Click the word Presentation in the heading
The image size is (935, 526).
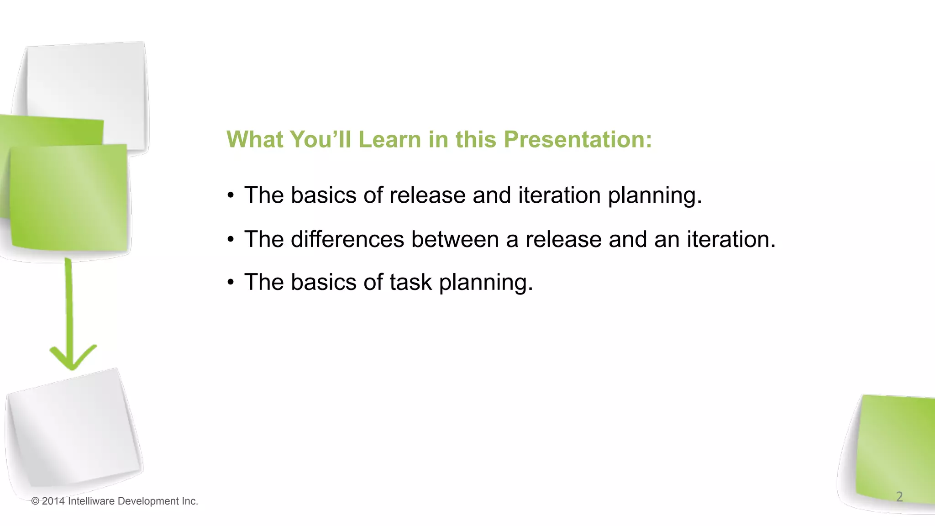tap(578, 139)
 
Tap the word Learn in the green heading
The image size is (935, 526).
tap(389, 139)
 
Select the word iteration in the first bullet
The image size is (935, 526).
tap(559, 195)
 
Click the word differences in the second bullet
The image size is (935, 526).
tap(347, 239)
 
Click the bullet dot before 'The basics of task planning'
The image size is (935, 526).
tap(231, 283)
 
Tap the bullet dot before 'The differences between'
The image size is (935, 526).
tap(231, 240)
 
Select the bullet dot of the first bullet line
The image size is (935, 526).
tap(231, 195)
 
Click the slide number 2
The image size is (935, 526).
tap(899, 496)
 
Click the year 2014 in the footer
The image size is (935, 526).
tap(53, 501)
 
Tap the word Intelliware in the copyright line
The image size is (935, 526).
tap(91, 501)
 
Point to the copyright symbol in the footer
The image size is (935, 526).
tap(35, 501)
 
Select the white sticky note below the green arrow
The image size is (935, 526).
tap(73, 429)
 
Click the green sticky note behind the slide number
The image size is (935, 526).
tap(895, 447)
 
